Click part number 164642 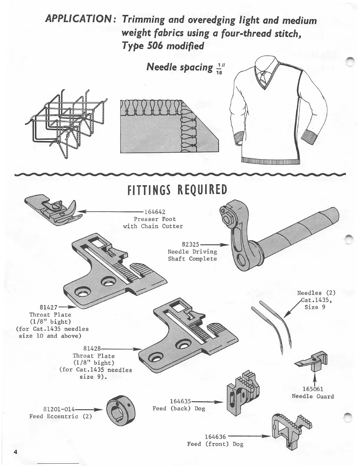pyautogui.click(x=154, y=212)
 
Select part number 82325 pyautogui.click(x=191, y=244)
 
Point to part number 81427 pyautogui.click(x=49, y=307)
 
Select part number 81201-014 pyautogui.click(x=59, y=409)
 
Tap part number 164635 pyautogui.click(x=181, y=401)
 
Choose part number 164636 pyautogui.click(x=215, y=437)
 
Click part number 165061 pyautogui.click(x=313, y=389)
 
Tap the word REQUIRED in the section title pyautogui.click(x=203, y=190)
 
